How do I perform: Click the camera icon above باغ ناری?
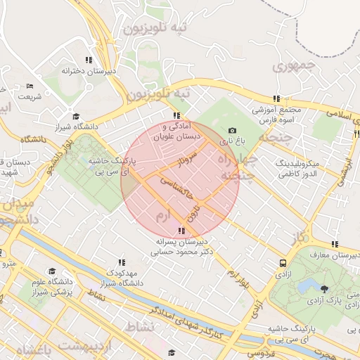pyautogui.click(x=232, y=131)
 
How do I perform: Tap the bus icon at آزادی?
pyautogui.click(x=283, y=263)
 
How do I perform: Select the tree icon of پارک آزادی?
pyautogui.click(x=324, y=289)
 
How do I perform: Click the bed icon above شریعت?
pyautogui.click(x=30, y=86)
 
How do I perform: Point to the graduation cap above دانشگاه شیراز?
pyautogui.click(x=76, y=117)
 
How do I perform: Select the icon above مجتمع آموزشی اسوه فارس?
pyautogui.click(x=276, y=99)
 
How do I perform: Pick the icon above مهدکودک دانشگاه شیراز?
pyautogui.click(x=122, y=262)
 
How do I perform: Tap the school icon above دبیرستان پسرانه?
pyautogui.click(x=182, y=231)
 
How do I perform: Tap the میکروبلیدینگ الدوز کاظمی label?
pyautogui.click(x=295, y=167)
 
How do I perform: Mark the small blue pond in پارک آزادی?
pyautogui.click(x=307, y=286)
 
